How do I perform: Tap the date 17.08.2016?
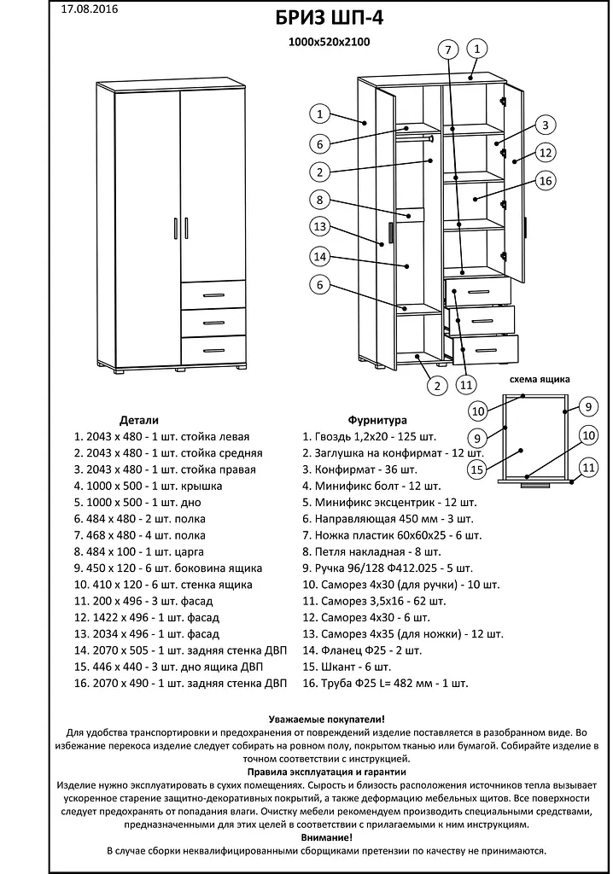pyautogui.click(x=90, y=9)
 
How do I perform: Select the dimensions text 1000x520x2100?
pyautogui.click(x=329, y=40)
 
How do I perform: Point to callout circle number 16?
pyautogui.click(x=546, y=180)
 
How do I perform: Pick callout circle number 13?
pyautogui.click(x=319, y=227)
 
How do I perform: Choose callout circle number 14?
pyautogui.click(x=319, y=256)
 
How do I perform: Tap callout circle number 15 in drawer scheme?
pyautogui.click(x=477, y=469)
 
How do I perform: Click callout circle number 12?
pyautogui.click(x=546, y=153)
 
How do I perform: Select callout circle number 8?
pyautogui.click(x=319, y=200)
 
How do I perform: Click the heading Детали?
pyautogui.click(x=139, y=421)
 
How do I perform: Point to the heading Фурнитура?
pyautogui.click(x=377, y=421)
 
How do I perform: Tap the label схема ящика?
pyautogui.click(x=540, y=380)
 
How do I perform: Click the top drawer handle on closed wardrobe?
pyautogui.click(x=213, y=295)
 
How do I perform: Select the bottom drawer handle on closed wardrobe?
pyautogui.click(x=213, y=350)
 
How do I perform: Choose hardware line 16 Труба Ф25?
pyautogui.click(x=386, y=683)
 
